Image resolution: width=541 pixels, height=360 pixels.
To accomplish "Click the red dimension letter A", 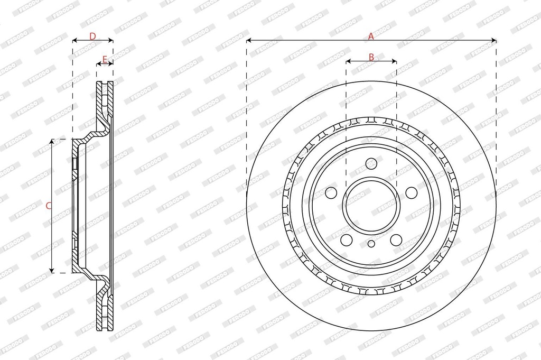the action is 371,36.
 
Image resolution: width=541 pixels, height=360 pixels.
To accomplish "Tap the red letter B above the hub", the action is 371,57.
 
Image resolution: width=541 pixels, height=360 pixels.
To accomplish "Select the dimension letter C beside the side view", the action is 49,206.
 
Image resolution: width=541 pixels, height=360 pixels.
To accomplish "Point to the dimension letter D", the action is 92,36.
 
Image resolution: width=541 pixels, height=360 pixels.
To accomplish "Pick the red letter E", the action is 105,59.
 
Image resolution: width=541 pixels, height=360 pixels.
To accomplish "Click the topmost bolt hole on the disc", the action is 371,163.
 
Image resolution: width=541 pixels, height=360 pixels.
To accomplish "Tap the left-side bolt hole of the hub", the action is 331,193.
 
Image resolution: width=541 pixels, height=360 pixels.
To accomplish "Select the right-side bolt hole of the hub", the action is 411,193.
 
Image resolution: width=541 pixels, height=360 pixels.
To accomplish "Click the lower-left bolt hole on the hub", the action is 346,240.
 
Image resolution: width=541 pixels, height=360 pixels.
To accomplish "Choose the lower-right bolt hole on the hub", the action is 396,240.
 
